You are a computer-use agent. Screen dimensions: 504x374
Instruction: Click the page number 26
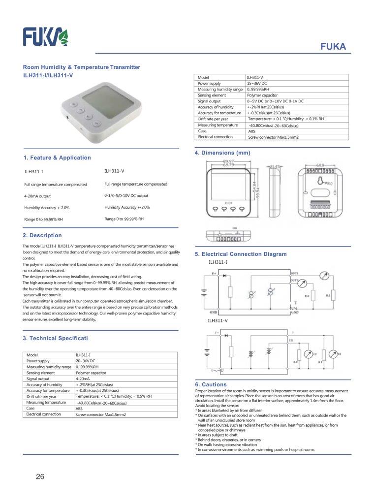[40, 476]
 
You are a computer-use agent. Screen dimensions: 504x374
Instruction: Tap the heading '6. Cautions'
[211, 384]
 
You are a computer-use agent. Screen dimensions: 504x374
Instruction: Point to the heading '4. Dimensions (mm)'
[222, 153]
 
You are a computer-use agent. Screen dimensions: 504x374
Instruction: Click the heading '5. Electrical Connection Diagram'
[241, 254]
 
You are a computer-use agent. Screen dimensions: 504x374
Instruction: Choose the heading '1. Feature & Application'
[57, 157]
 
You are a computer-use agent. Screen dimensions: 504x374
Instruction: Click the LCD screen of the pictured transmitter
[100, 100]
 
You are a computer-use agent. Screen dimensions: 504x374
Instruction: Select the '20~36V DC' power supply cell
[85, 361]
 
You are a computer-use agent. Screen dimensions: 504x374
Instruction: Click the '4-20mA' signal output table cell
[83, 379]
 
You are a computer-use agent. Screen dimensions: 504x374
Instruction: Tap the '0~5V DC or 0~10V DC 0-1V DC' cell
[275, 101]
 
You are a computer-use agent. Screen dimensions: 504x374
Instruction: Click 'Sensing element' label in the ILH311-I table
[40, 373]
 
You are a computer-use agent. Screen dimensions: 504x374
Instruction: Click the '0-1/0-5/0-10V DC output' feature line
[126, 195]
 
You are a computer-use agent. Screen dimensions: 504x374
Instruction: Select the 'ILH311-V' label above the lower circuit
[218, 320]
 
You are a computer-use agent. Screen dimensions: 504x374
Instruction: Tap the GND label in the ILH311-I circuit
[214, 312]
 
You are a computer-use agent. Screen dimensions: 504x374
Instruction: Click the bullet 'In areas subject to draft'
[217, 435]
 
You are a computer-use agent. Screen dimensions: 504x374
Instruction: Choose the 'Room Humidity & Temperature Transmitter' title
[82, 67]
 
